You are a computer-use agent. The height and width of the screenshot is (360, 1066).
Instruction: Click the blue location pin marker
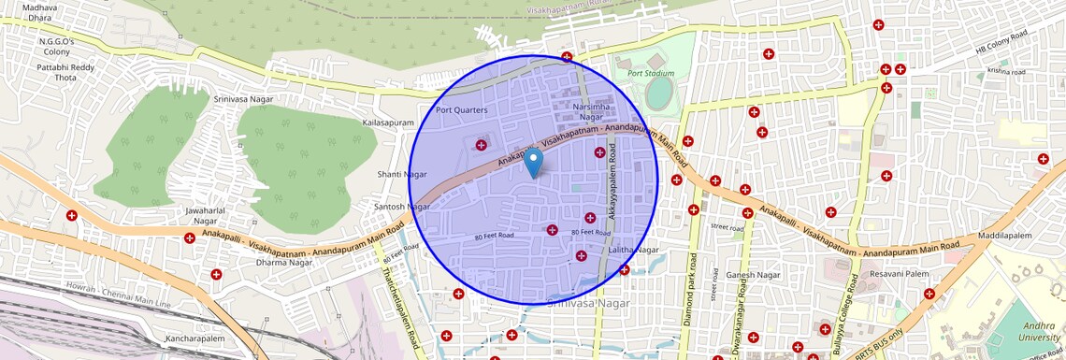533,164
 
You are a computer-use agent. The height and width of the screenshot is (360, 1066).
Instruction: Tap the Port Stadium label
651,73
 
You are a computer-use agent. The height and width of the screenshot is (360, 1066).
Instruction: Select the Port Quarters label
462,110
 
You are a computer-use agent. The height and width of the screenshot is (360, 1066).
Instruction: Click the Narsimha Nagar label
591,111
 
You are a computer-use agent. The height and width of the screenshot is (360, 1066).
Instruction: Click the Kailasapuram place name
387,122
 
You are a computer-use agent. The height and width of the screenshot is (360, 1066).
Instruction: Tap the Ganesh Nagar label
753,275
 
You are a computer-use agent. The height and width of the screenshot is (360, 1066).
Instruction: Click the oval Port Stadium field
659,93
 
